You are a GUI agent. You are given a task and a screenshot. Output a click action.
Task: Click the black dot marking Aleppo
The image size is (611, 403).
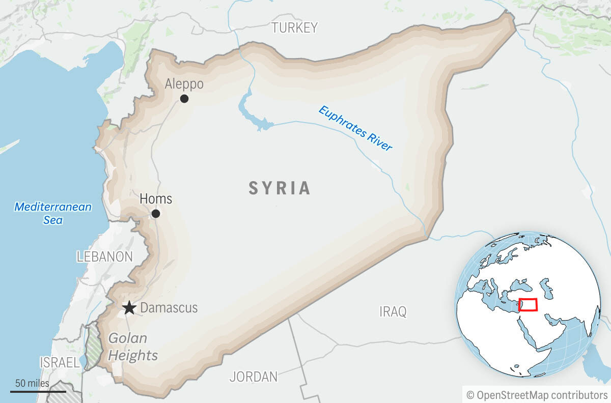tap(184, 99)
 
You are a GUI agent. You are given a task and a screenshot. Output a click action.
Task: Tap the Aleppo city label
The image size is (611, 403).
tap(184, 84)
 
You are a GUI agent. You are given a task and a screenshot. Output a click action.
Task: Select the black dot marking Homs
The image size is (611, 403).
tap(156, 214)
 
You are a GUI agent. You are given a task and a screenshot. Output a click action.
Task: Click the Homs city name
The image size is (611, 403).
tap(156, 198)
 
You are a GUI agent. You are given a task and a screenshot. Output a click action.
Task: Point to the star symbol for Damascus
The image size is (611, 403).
tap(129, 308)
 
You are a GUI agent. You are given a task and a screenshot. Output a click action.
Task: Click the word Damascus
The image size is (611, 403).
tap(169, 308)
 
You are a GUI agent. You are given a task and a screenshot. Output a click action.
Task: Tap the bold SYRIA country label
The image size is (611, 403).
tap(280, 188)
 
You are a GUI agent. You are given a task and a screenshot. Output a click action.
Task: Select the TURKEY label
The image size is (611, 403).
tap(294, 27)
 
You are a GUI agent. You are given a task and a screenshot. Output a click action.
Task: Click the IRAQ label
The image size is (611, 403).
tap(393, 311)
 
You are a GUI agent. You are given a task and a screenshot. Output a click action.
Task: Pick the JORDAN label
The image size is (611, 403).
tap(254, 377)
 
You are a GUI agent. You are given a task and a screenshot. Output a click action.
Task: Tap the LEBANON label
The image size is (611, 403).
tap(104, 257)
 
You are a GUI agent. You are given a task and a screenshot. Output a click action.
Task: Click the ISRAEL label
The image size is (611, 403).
tap(60, 363)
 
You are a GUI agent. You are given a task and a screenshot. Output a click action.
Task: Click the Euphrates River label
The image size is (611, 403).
tap(355, 128)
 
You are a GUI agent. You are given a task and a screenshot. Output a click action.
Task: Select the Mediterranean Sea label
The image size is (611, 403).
tap(53, 213)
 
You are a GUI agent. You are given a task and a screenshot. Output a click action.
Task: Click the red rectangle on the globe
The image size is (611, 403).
tap(528, 305)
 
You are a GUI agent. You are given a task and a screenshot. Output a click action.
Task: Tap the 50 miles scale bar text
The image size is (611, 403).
tap(32, 383)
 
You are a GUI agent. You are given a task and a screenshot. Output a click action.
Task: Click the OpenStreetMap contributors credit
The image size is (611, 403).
tap(537, 395)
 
